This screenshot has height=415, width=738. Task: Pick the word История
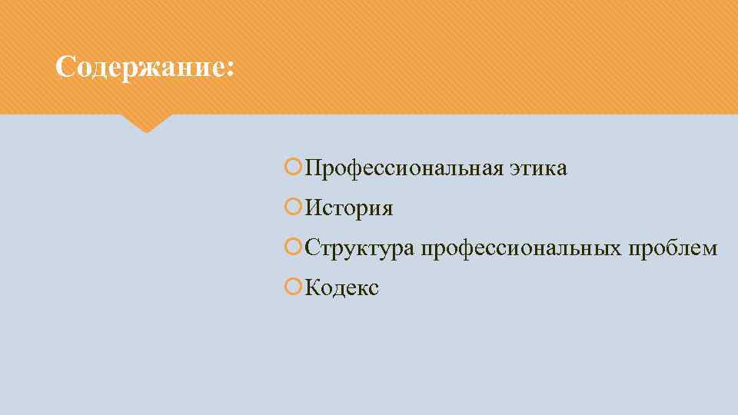click(349, 208)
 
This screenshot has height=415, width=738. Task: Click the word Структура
click(359, 249)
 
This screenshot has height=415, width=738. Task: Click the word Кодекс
click(342, 288)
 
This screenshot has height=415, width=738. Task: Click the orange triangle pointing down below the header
click(145, 123)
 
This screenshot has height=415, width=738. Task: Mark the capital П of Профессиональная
click(313, 168)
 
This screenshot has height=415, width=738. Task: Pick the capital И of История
click(314, 208)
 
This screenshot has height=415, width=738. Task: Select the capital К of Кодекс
click(313, 288)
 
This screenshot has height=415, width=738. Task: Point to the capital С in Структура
click(312, 248)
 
